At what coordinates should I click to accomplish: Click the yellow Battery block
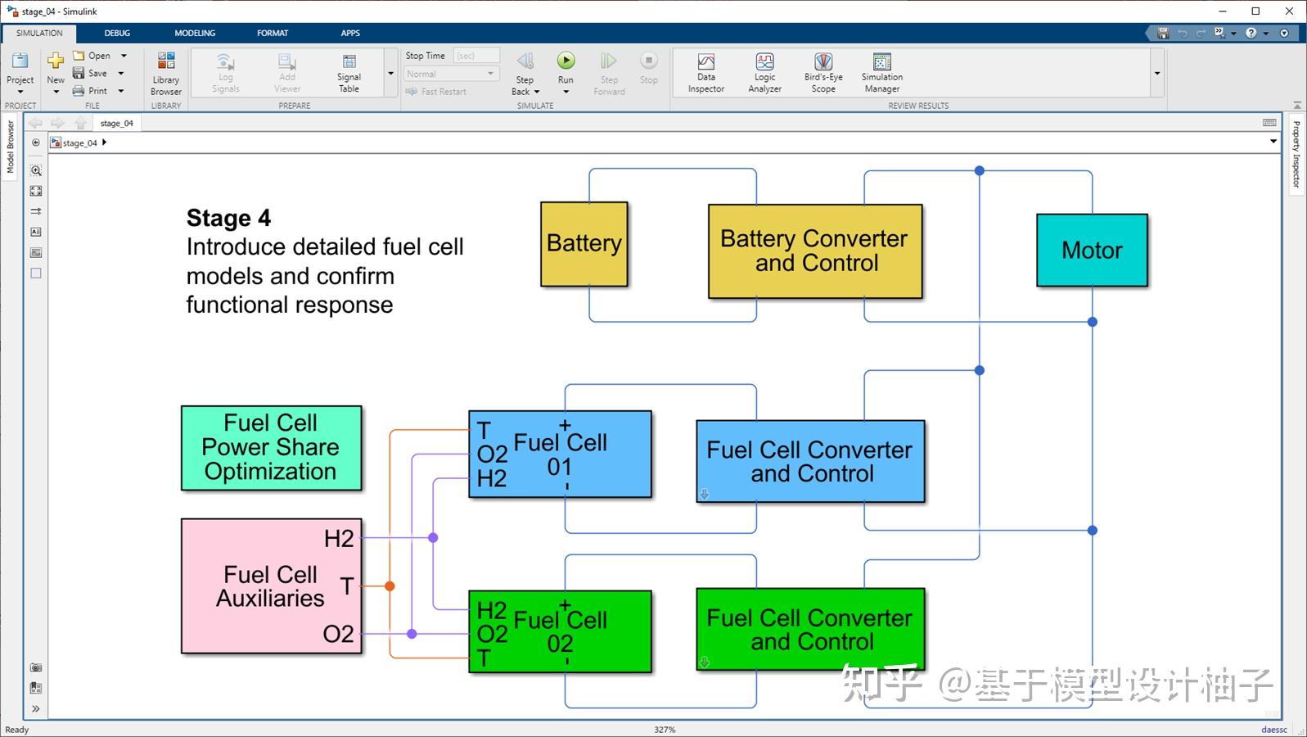tap(584, 244)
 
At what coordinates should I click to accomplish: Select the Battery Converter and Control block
tap(815, 251)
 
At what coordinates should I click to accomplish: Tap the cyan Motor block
tap(1092, 250)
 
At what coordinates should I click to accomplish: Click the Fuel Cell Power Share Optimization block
tap(272, 448)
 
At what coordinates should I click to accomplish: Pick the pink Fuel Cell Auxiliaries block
tap(272, 586)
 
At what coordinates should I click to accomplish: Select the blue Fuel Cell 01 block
tap(560, 454)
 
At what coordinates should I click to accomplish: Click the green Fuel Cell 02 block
tap(560, 631)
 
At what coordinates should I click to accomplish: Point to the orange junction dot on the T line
tap(390, 586)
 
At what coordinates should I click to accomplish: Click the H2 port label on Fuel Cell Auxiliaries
tap(339, 539)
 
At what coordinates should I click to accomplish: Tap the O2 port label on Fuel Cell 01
tap(492, 454)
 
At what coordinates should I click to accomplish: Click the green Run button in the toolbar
tap(566, 61)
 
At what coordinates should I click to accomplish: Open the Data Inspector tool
tap(706, 72)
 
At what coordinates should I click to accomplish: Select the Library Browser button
tap(165, 73)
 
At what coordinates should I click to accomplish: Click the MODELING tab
tap(195, 34)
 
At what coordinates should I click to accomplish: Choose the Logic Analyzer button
tap(765, 72)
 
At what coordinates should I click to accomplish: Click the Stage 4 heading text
tap(228, 218)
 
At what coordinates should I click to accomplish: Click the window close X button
tap(1289, 11)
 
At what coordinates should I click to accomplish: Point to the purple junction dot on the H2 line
tap(433, 538)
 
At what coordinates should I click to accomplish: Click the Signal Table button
tap(349, 73)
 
